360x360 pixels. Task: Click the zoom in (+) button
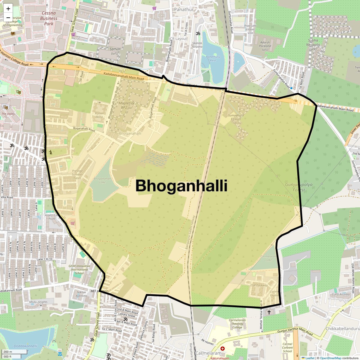pyautogui.click(x=8, y=8)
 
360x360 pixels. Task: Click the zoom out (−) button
pyautogui.click(x=8, y=18)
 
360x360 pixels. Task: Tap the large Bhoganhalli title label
pyautogui.click(x=181, y=186)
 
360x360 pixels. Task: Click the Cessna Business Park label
pyautogui.click(x=49, y=18)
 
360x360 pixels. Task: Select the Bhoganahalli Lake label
pyautogui.click(x=102, y=180)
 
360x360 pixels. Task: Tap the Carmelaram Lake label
pyautogui.click(x=268, y=258)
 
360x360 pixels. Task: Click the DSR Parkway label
pyautogui.click(x=259, y=285)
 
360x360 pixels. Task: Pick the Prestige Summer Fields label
pyautogui.click(x=77, y=174)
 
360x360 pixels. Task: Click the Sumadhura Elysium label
pyautogui.click(x=236, y=119)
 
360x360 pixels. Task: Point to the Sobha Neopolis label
pyautogui.click(x=313, y=44)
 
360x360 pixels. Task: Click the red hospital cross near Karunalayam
pyautogui.click(x=223, y=349)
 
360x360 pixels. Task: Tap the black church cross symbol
pyautogui.click(x=269, y=312)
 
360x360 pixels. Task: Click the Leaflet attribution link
pyautogui.click(x=310, y=358)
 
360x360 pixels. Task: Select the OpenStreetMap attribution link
pyautogui.click(x=330, y=358)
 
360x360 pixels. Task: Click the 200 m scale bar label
pyautogui.click(x=8, y=352)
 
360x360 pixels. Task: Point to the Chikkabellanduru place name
pyautogui.click(x=343, y=328)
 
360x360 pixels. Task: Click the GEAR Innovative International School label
pyautogui.click(x=79, y=269)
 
